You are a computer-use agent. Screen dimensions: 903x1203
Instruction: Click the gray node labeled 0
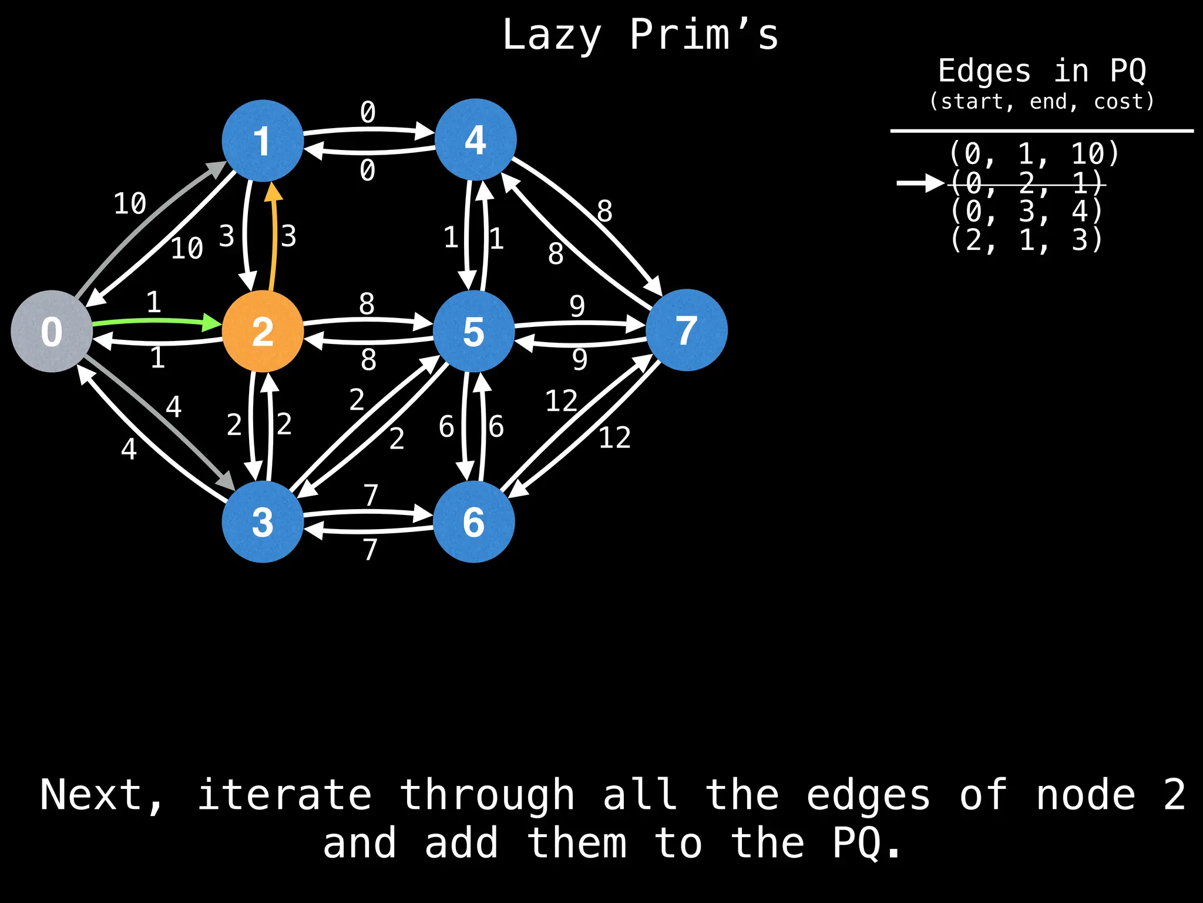[x=52, y=331]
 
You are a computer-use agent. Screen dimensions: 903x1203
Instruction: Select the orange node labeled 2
[x=263, y=331]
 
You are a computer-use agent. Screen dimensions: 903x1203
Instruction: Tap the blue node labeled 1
[x=263, y=141]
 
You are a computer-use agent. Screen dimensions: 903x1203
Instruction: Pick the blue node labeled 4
[x=475, y=139]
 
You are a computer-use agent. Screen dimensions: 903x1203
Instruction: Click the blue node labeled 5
[x=474, y=331]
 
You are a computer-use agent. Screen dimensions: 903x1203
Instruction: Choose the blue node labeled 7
[x=686, y=330]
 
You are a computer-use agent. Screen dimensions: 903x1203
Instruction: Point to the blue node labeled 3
[x=263, y=521]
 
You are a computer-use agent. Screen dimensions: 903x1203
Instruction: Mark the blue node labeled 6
[x=474, y=521]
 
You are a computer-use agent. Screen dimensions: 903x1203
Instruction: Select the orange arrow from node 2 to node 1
[x=273, y=235]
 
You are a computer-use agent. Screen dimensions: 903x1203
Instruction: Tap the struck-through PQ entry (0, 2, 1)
[x=1026, y=183]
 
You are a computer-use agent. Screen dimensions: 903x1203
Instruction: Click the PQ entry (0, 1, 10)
[x=1034, y=154]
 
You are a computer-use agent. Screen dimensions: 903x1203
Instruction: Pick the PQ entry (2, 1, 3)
[x=1026, y=240]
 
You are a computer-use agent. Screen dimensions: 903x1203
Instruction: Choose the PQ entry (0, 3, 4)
[x=1026, y=211]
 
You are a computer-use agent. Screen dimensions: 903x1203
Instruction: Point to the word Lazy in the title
[x=552, y=35]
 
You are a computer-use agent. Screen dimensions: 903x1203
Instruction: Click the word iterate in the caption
[x=284, y=795]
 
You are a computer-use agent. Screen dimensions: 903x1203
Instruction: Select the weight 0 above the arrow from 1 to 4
[x=368, y=112]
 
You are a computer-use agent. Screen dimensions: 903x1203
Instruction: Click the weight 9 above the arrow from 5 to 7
[x=577, y=306]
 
